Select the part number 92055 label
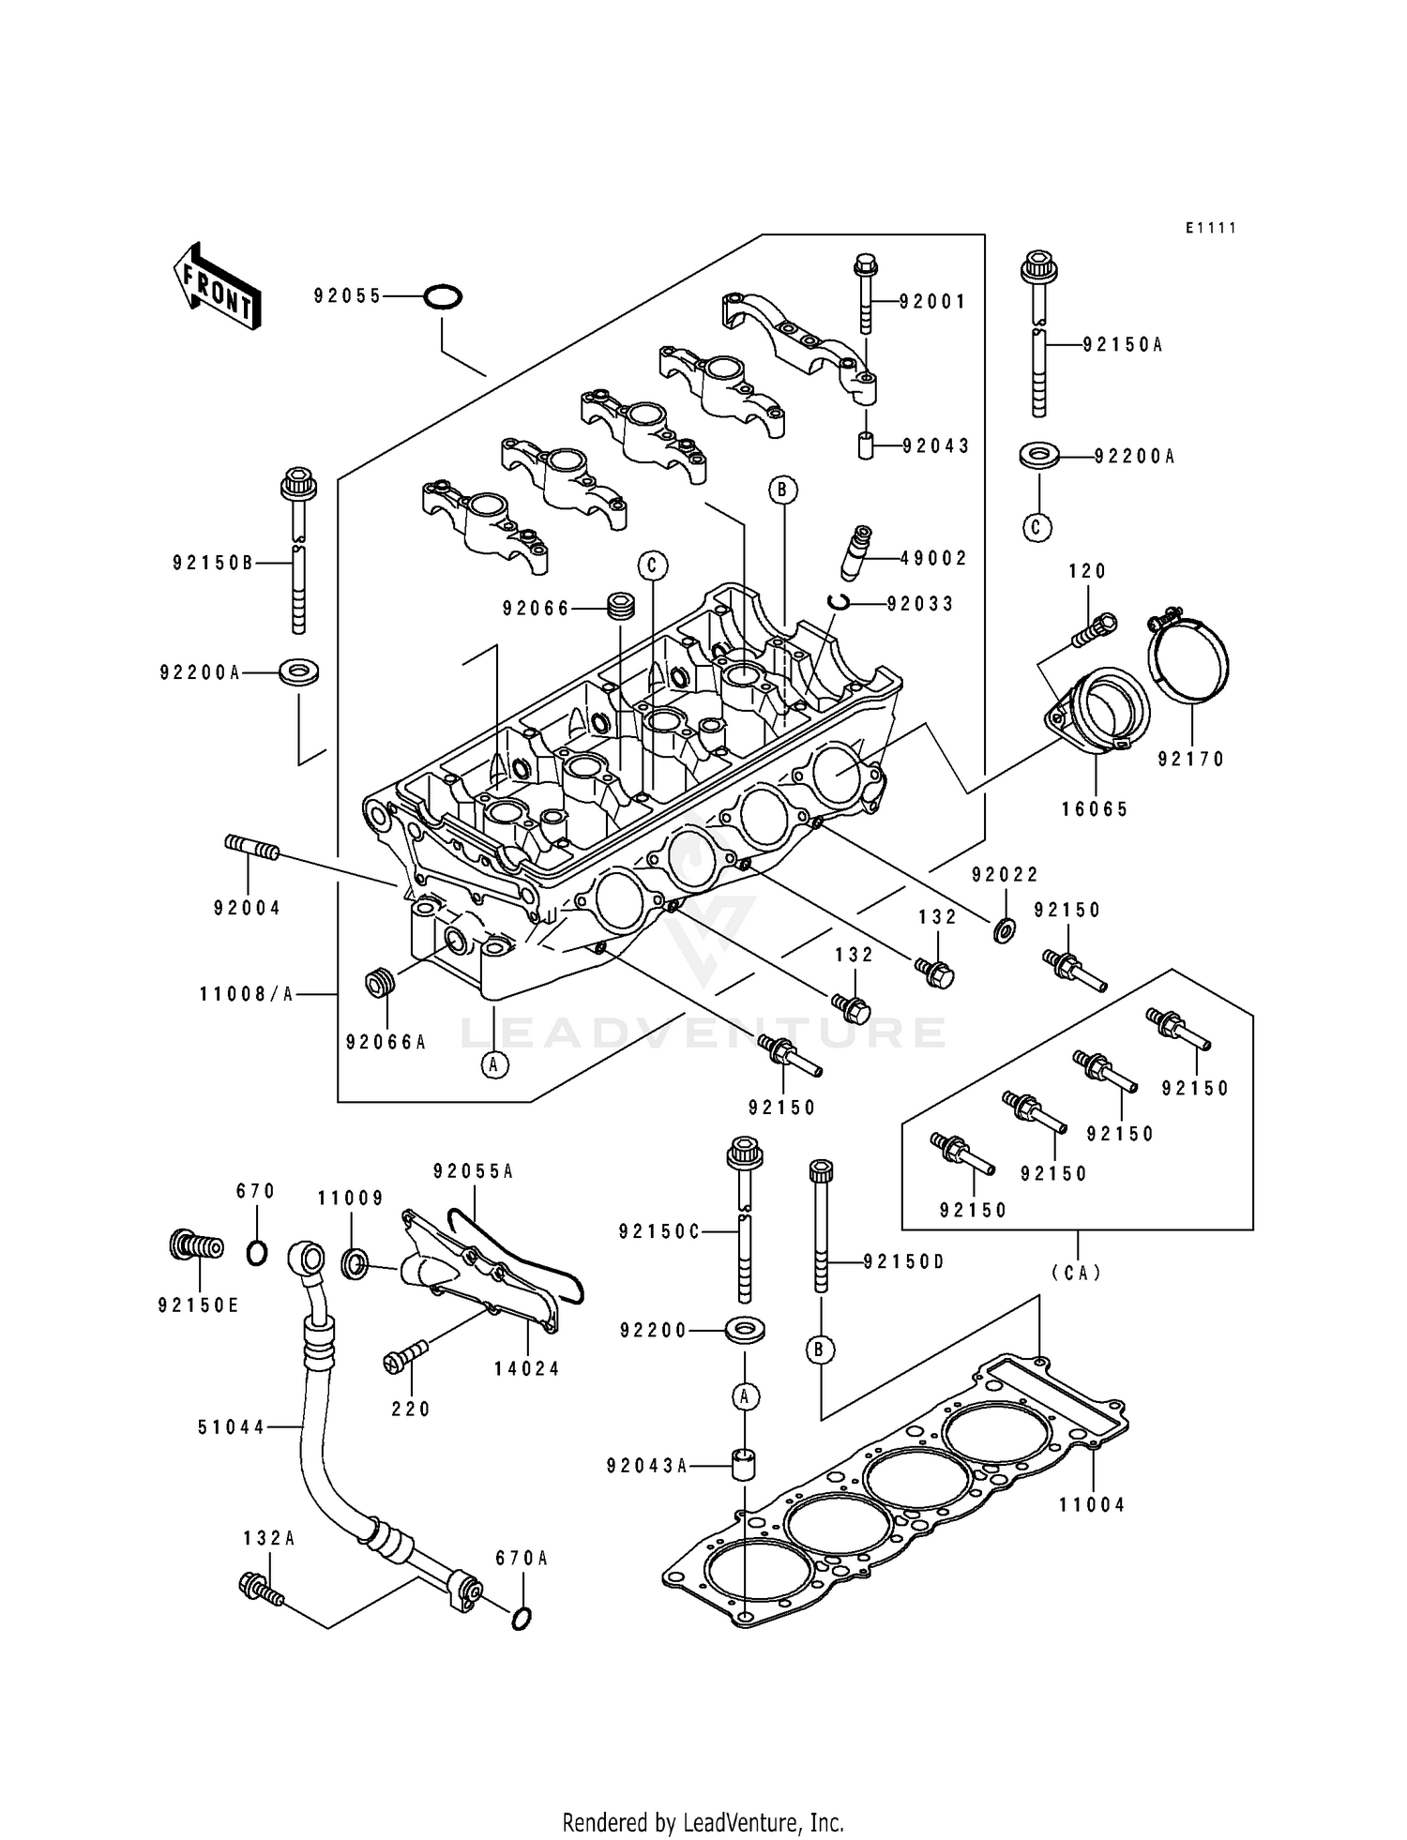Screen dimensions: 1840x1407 point(347,296)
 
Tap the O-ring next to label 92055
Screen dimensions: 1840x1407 point(442,297)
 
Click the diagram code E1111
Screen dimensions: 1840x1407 point(1210,228)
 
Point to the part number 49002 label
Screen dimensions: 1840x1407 point(933,558)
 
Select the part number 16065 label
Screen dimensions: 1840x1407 point(1095,809)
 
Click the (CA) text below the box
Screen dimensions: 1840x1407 point(1076,1273)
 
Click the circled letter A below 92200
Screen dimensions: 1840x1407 point(744,1396)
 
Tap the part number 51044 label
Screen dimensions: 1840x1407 point(232,1427)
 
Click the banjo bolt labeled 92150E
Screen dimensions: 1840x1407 point(196,1246)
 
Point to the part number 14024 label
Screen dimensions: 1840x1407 point(527,1369)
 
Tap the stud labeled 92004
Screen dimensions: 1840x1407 point(252,849)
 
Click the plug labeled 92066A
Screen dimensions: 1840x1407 point(380,985)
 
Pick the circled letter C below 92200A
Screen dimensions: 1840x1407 point(1036,526)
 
